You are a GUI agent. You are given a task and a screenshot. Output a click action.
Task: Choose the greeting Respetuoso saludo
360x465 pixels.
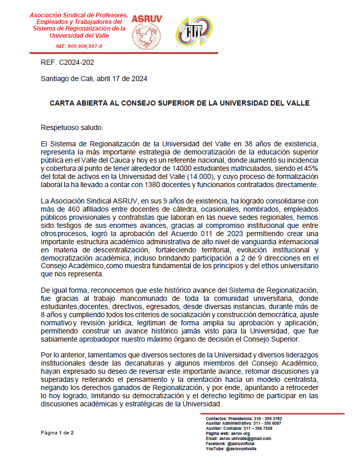click(x=71, y=127)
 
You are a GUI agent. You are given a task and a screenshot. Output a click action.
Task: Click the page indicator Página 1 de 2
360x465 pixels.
click(x=57, y=433)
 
